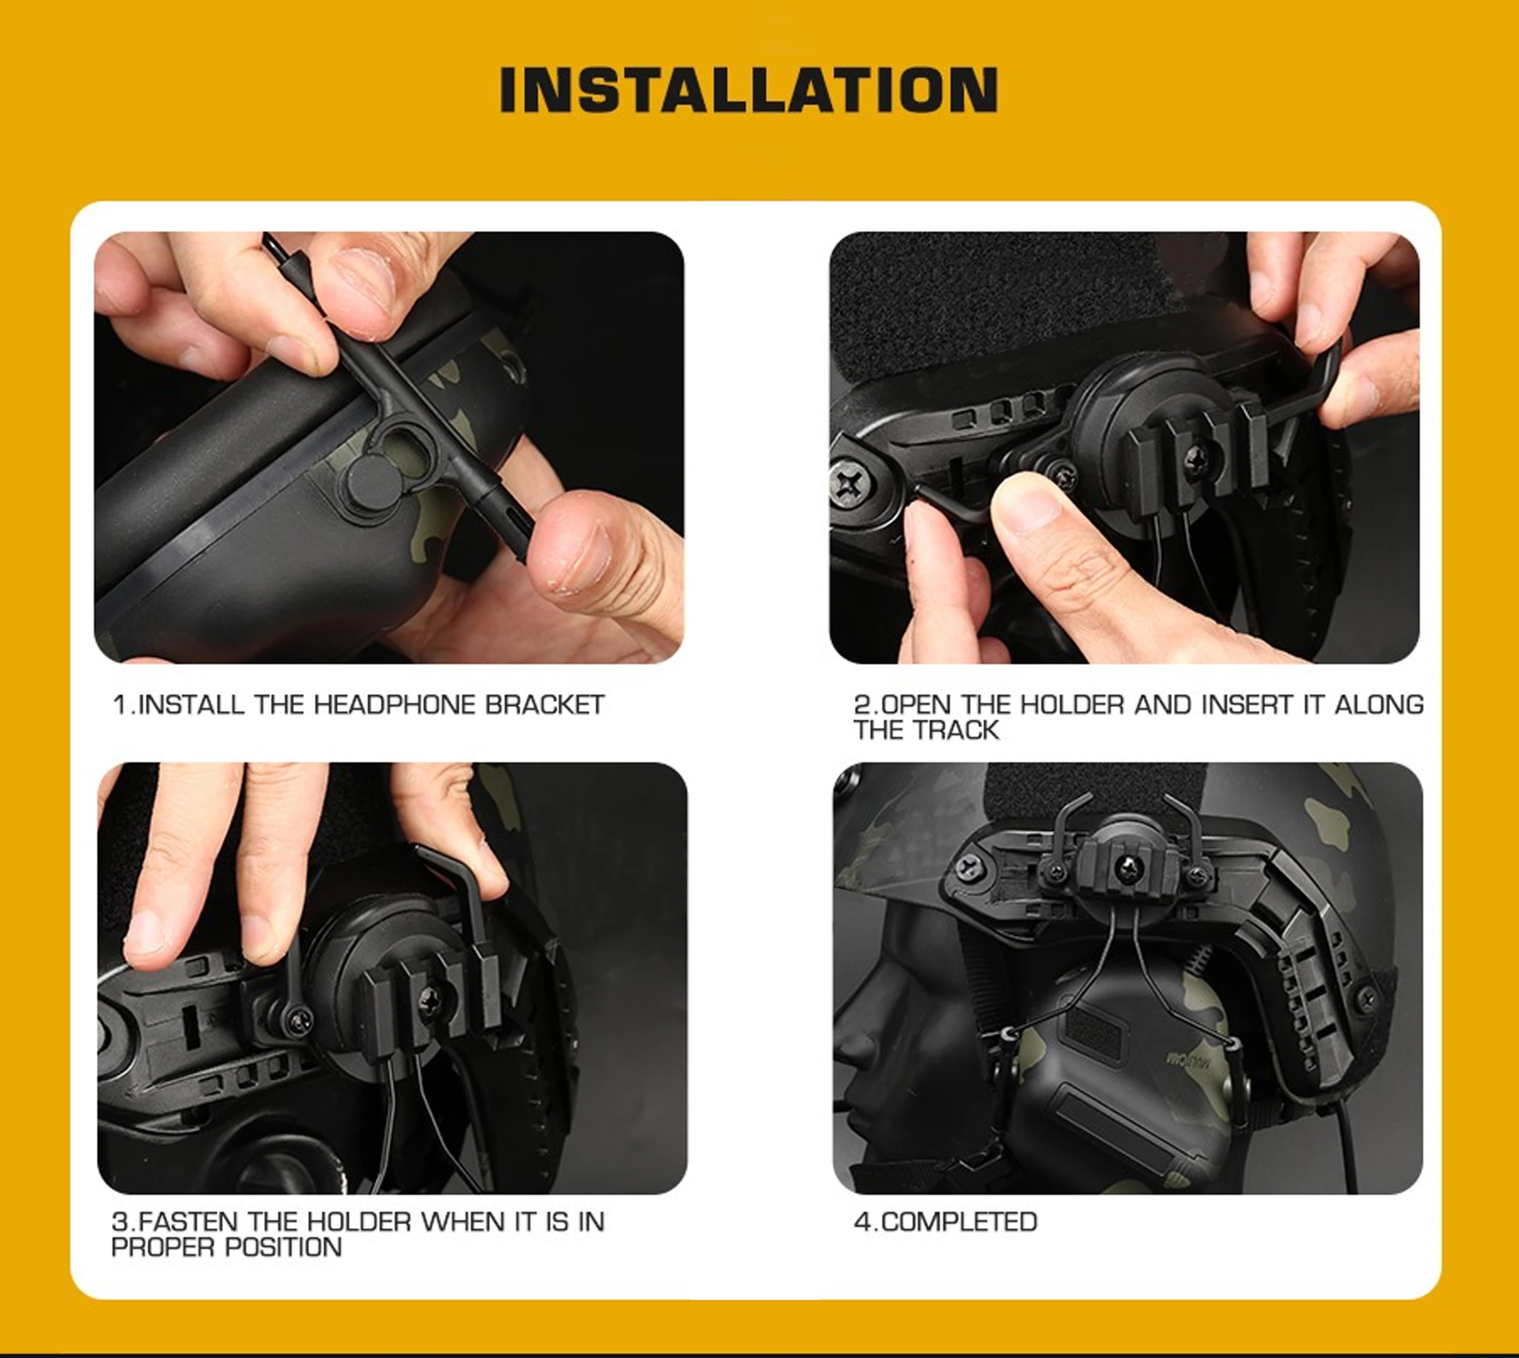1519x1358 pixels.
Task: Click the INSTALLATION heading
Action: (749, 90)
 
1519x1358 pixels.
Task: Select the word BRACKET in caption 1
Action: (545, 705)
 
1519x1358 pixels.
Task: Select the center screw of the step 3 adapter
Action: (431, 999)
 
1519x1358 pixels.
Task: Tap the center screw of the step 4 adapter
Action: (1128, 867)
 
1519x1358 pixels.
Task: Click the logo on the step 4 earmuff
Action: (1185, 1059)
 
